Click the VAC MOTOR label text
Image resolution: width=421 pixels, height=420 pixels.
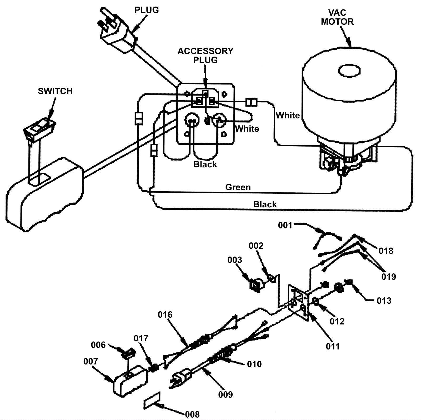click(337, 17)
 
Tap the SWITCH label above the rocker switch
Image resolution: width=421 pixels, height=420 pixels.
click(55, 91)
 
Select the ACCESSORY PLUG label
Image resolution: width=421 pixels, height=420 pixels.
click(206, 55)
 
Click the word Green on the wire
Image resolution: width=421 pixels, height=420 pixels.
click(238, 187)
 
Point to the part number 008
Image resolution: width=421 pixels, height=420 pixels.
click(192, 414)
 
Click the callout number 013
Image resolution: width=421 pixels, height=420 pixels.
click(384, 301)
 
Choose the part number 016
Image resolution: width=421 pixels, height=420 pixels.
click(165, 314)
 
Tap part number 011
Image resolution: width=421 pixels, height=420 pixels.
click(333, 346)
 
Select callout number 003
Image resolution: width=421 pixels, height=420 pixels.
click(235, 260)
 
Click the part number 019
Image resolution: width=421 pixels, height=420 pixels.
click(389, 277)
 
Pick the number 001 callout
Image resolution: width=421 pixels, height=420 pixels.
click(285, 225)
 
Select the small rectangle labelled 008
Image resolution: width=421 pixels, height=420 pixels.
click(152, 401)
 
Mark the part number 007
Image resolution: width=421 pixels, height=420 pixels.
click(91, 361)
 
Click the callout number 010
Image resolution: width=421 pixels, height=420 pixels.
click(254, 364)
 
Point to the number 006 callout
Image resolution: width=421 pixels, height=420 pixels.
click(98, 345)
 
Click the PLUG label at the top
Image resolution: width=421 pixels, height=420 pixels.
click(147, 10)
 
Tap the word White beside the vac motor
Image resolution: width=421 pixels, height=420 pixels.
click(288, 115)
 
